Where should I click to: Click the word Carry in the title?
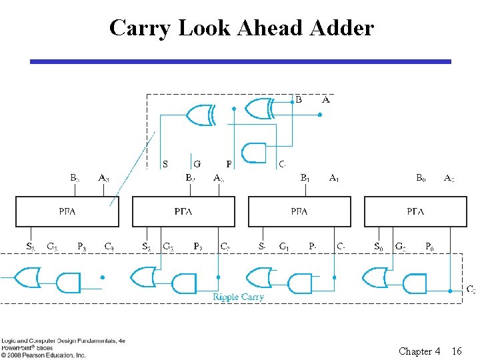pyautogui.click(x=135, y=28)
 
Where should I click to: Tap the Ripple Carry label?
pyautogui.click(x=238, y=297)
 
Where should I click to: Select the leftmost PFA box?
pyautogui.click(x=67, y=211)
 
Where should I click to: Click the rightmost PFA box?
pyautogui.click(x=415, y=211)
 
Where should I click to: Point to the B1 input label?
pyautogui.click(x=305, y=178)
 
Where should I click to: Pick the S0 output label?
pyautogui.click(x=378, y=247)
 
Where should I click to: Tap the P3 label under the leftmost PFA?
pyautogui.click(x=81, y=247)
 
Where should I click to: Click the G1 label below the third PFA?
pyautogui.click(x=284, y=247)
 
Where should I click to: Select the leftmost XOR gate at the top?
pyautogui.click(x=199, y=115)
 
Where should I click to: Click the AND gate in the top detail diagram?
pyautogui.click(x=254, y=153)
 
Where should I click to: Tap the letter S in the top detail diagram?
pyautogui.click(x=165, y=163)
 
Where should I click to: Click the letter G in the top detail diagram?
pyautogui.click(x=197, y=163)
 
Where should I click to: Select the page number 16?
pyautogui.click(x=457, y=351)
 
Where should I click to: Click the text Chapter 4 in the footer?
pyautogui.click(x=419, y=351)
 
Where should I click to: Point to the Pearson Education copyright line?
pyautogui.click(x=43, y=355)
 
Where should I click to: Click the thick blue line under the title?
pyautogui.click(x=240, y=61)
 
